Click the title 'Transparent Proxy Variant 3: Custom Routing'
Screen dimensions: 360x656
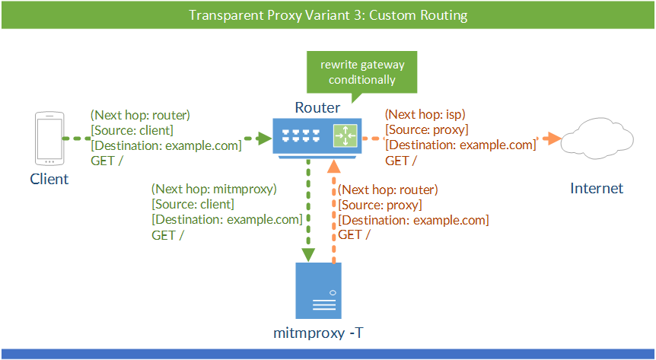tap(327, 15)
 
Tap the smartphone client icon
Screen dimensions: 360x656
tap(49, 139)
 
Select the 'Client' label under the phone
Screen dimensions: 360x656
tap(49, 180)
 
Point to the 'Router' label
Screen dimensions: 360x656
tap(317, 108)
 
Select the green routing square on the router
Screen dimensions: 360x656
tap(345, 137)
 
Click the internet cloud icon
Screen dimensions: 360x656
tap(596, 139)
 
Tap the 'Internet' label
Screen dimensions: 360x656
tap(597, 189)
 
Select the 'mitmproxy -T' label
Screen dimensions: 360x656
tap(317, 333)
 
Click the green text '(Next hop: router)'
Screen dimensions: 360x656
tap(140, 116)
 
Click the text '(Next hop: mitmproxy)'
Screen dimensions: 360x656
tap(215, 188)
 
